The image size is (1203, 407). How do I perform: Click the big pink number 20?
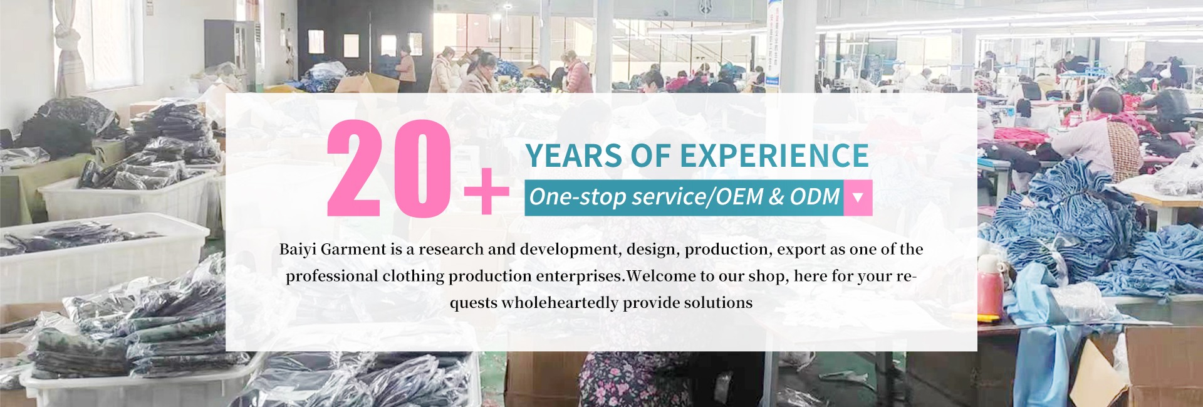(x=389, y=168)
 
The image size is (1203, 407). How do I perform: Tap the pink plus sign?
(x=486, y=191)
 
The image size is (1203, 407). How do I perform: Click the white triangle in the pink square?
(x=858, y=198)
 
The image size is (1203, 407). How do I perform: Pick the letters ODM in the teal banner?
(x=815, y=197)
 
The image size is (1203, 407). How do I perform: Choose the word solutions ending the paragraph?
(x=718, y=303)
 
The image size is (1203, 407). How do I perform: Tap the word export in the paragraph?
(x=801, y=250)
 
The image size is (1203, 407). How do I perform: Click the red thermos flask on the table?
(x=990, y=289)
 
